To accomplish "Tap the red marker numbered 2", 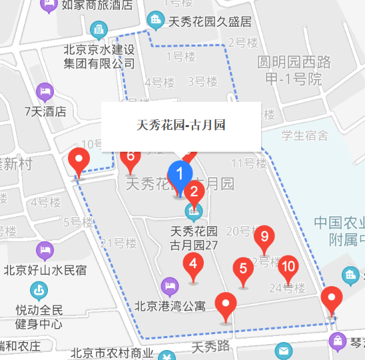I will click(x=194, y=194).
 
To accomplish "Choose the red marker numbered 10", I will click(x=288, y=267).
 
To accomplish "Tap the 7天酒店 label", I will click(x=45, y=111).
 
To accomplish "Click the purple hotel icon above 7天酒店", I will click(x=45, y=90).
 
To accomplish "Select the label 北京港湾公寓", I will click(x=170, y=307).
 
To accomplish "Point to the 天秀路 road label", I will click(x=210, y=347).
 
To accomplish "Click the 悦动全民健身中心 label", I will click(x=39, y=317).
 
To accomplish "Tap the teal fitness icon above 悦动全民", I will click(x=39, y=290).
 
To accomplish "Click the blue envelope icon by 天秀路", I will click(x=284, y=350).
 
